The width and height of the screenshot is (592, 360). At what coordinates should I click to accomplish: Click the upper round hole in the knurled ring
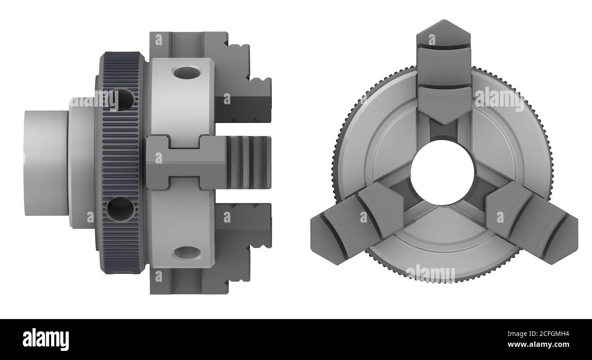[x=121, y=100]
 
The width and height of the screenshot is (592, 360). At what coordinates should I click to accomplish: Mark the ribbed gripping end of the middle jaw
[x=248, y=162]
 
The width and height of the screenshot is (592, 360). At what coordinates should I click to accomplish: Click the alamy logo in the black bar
[x=46, y=339]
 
